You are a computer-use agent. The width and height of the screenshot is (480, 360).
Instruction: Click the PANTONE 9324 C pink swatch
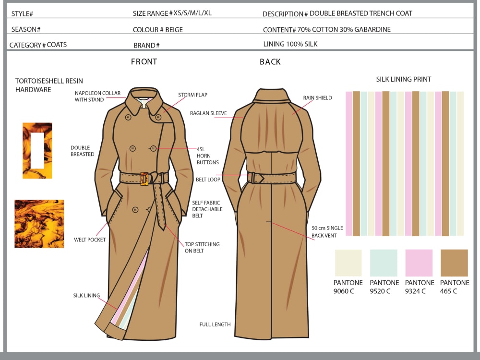pyautogui.click(x=419, y=263)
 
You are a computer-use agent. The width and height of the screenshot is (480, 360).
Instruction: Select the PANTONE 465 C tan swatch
pyautogui.click(x=454, y=263)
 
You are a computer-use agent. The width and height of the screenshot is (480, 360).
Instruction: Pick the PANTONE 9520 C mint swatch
pyautogui.click(x=384, y=263)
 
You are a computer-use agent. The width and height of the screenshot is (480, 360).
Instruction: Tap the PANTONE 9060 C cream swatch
pyautogui.click(x=348, y=263)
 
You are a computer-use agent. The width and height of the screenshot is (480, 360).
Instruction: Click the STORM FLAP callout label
pyautogui.click(x=192, y=95)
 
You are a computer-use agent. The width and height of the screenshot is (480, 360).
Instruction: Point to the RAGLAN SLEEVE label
pyautogui.click(x=211, y=114)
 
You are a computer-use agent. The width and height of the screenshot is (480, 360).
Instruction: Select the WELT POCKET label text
pyautogui.click(x=90, y=240)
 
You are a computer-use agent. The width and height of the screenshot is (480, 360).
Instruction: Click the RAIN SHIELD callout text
pyautogui.click(x=317, y=98)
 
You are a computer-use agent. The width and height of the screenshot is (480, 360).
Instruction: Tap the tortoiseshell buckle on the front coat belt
pyautogui.click(x=144, y=178)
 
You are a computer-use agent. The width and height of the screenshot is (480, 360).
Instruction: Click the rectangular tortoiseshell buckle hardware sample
pyautogui.click(x=37, y=151)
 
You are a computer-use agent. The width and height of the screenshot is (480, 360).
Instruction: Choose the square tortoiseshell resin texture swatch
pyautogui.click(x=39, y=224)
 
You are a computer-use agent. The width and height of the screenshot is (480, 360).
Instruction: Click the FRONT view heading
pyautogui.click(x=144, y=62)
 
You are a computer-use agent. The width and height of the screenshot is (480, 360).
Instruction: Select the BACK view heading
pyautogui.click(x=270, y=62)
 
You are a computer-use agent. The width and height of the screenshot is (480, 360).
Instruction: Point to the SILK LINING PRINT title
pyautogui.click(x=404, y=79)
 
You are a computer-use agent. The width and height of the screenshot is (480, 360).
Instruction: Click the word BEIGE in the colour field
pyautogui.click(x=174, y=30)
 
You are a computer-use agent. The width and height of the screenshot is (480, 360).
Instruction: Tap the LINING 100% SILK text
pyautogui.click(x=290, y=44)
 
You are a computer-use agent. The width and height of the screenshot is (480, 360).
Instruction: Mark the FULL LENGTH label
pyautogui.click(x=215, y=324)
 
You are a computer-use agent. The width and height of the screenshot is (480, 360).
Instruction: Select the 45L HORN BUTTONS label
pyautogui.click(x=207, y=156)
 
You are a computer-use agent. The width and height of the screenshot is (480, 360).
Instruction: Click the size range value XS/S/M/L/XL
pyautogui.click(x=192, y=13)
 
